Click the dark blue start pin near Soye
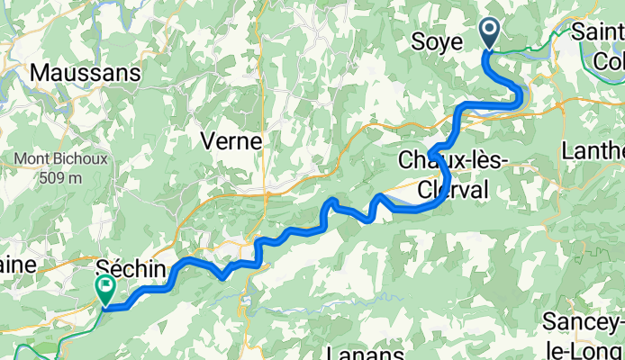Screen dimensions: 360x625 point(490,34)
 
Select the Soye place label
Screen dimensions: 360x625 point(437,41)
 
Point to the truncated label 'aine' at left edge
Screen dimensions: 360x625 point(16,265)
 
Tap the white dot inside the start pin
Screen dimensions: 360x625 point(490,30)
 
